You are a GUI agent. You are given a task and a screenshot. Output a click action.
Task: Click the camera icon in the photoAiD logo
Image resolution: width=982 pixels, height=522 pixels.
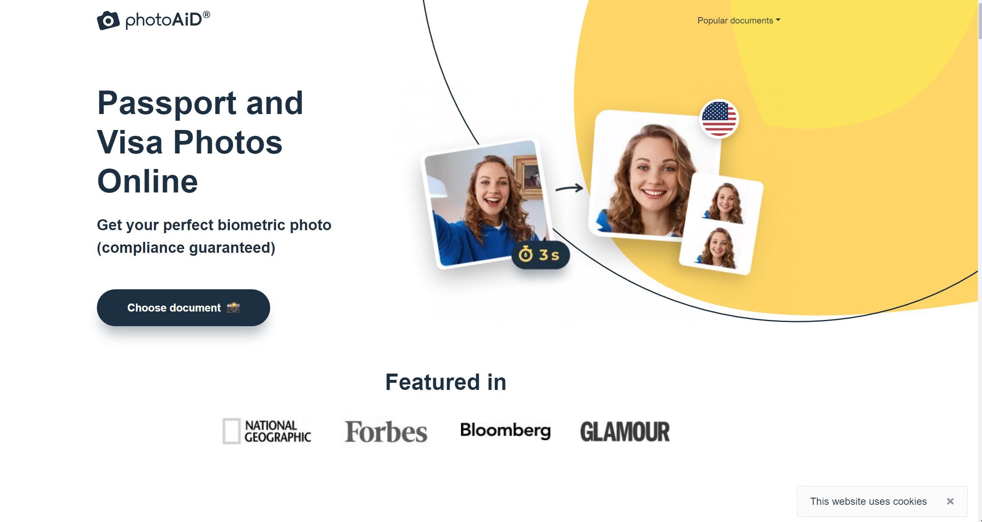pos(108,21)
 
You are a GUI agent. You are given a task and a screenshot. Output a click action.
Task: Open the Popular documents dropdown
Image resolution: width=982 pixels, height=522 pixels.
pos(738,21)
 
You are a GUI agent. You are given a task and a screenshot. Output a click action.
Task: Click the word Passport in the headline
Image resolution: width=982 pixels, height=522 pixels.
pos(167,103)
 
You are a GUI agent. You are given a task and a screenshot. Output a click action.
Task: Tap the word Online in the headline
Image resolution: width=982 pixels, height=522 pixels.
pos(147,182)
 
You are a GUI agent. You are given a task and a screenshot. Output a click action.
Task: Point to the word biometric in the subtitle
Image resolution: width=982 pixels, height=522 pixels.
pos(251,225)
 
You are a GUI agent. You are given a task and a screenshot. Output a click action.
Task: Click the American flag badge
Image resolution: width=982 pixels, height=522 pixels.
pos(719,119)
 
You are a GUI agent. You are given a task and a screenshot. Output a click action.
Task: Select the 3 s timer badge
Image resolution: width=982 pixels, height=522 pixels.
pos(540,255)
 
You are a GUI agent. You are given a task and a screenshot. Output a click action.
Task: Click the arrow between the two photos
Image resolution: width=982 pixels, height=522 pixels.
pos(569,188)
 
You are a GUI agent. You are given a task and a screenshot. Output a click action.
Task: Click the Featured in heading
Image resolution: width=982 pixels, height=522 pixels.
pos(445,382)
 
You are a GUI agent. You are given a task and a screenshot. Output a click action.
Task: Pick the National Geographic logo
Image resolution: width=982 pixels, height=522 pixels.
pos(267,431)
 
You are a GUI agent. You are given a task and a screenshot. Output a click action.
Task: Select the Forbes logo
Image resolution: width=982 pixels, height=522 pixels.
pos(386,432)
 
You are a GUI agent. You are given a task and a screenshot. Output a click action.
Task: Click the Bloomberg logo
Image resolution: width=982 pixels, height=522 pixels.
pos(505,431)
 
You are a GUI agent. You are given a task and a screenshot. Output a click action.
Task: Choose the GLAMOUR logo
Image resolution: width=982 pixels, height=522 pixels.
pos(625,432)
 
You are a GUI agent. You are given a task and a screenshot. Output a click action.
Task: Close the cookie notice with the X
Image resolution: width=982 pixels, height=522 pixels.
pos(950,501)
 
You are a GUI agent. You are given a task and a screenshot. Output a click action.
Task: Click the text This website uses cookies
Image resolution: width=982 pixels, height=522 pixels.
pos(868,501)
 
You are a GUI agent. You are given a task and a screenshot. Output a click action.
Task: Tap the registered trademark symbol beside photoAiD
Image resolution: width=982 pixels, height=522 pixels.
pos(206,15)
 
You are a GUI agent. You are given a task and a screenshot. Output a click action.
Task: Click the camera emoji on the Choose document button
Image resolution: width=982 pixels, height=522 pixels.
pos(233,308)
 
